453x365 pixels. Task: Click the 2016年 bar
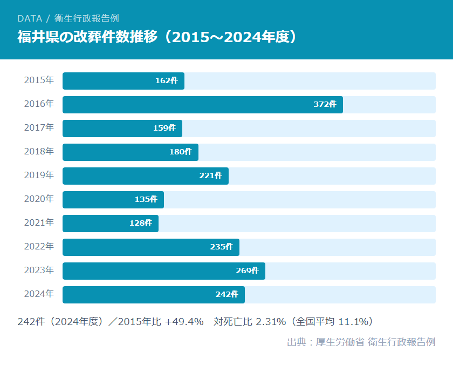(x=202, y=105)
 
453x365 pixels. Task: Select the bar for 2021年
(x=111, y=224)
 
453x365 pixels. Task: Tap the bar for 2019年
(x=146, y=176)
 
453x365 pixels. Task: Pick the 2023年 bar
(x=164, y=271)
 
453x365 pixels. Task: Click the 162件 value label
(x=166, y=81)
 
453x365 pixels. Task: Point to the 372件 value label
(x=325, y=105)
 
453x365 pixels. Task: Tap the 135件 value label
(x=146, y=200)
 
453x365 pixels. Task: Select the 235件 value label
(x=221, y=247)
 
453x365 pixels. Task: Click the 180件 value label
(x=180, y=152)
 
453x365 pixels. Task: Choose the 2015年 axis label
(x=39, y=80)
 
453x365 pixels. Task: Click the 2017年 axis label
(x=39, y=128)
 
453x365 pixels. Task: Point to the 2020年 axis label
(x=39, y=199)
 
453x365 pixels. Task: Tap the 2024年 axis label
(x=39, y=294)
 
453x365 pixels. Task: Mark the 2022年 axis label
(x=39, y=247)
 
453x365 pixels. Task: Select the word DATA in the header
(x=29, y=18)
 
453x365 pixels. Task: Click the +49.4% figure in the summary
(x=184, y=322)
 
